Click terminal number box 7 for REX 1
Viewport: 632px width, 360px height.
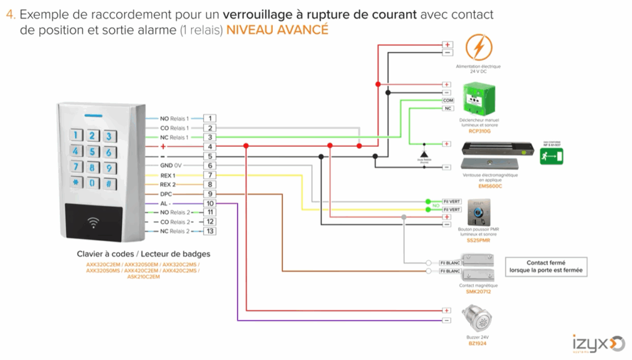pos(210,175)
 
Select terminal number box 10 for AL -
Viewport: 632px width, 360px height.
pos(210,203)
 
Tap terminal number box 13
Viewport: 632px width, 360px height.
pos(210,231)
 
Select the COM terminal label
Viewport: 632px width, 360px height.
pos(448,99)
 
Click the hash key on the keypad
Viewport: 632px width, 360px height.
pos(109,183)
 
